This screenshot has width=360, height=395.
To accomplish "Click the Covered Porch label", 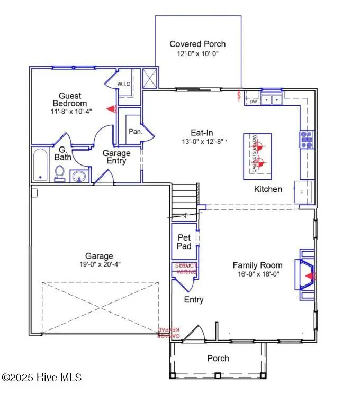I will click(197, 44).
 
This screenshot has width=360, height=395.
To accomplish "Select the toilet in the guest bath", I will click(60, 173).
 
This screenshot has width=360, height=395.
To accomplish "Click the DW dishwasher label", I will click(253, 102).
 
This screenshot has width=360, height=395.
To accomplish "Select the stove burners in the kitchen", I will click(307, 139).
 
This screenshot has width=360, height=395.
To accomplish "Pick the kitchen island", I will click(257, 156).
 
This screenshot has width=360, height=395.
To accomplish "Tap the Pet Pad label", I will click(184, 242).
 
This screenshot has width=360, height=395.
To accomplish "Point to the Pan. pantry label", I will click(136, 131).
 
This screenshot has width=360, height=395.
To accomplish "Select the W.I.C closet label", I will click(123, 84).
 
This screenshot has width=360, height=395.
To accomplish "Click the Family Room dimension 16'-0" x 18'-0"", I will click(258, 274).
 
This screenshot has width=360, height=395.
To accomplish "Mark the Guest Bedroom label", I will click(69, 99).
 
